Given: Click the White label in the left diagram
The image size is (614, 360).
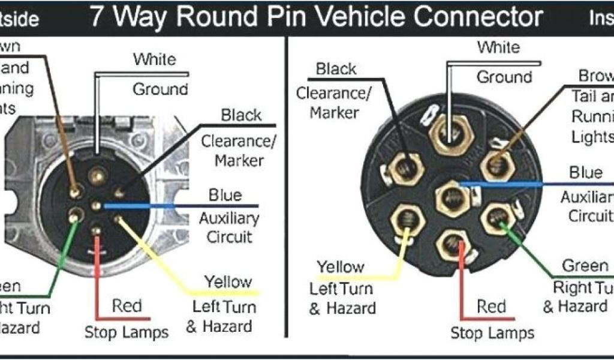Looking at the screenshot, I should point(155,59).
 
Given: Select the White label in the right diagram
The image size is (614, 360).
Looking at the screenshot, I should point(498,47).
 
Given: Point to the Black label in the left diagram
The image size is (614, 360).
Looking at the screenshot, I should point(241,115).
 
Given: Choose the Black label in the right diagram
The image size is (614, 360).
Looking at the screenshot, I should point(336,69).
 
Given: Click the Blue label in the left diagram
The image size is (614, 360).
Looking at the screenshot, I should point(225,195).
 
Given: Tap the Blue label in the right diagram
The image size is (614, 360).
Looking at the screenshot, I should point(586,173).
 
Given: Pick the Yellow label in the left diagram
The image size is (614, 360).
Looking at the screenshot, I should point(227,281).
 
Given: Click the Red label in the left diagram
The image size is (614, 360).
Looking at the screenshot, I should point(127,306).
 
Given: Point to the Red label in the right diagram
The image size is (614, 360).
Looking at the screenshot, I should point(492,307).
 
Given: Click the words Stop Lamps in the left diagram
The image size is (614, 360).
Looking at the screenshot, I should point(127,332).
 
